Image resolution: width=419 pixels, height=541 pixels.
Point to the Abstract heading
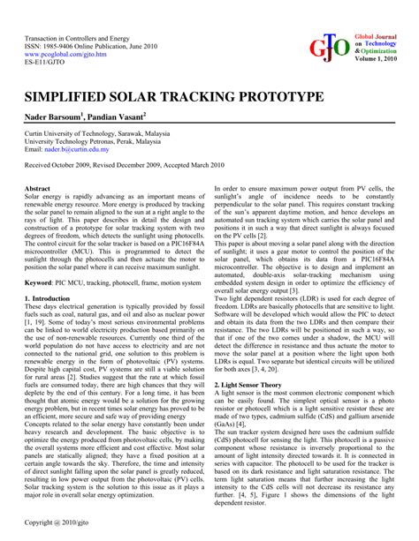click(x=37, y=189)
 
